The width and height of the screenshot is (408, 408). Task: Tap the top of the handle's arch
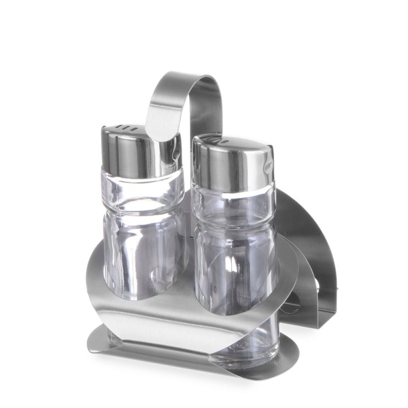[x=189, y=76]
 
